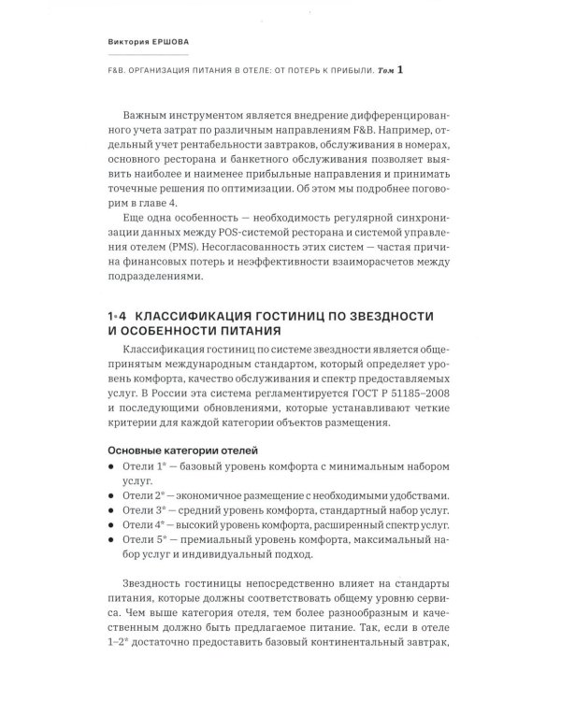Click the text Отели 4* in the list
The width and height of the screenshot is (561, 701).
click(x=137, y=526)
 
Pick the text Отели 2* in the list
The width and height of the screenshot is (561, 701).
click(x=137, y=496)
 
